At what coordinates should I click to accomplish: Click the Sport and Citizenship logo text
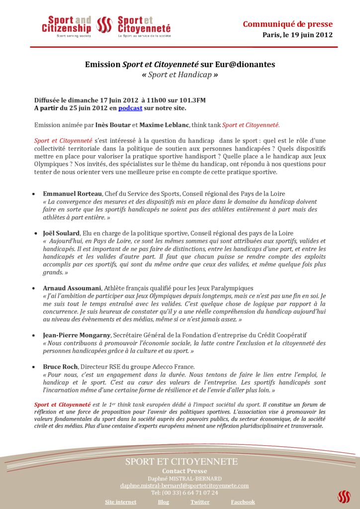[x=67, y=25]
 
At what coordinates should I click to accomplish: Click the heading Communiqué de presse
[x=287, y=24]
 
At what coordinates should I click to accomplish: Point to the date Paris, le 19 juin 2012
[x=297, y=35]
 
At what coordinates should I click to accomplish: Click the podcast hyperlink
[x=130, y=107]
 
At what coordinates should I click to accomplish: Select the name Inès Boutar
[x=113, y=125]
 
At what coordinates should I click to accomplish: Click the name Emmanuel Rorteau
[x=73, y=193]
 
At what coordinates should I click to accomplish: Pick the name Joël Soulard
[x=61, y=233]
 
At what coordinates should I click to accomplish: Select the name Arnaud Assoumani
[x=72, y=288]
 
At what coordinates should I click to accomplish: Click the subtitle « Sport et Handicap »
[x=180, y=76]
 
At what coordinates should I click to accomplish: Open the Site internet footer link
[x=120, y=502]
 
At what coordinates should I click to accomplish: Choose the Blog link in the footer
[x=163, y=502]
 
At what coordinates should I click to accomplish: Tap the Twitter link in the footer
[x=200, y=502]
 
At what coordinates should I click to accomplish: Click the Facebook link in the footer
[x=243, y=502]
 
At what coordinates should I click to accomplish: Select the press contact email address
[x=184, y=485]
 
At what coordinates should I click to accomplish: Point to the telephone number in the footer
[x=184, y=493]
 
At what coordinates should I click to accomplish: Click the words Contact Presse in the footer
[x=184, y=471]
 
